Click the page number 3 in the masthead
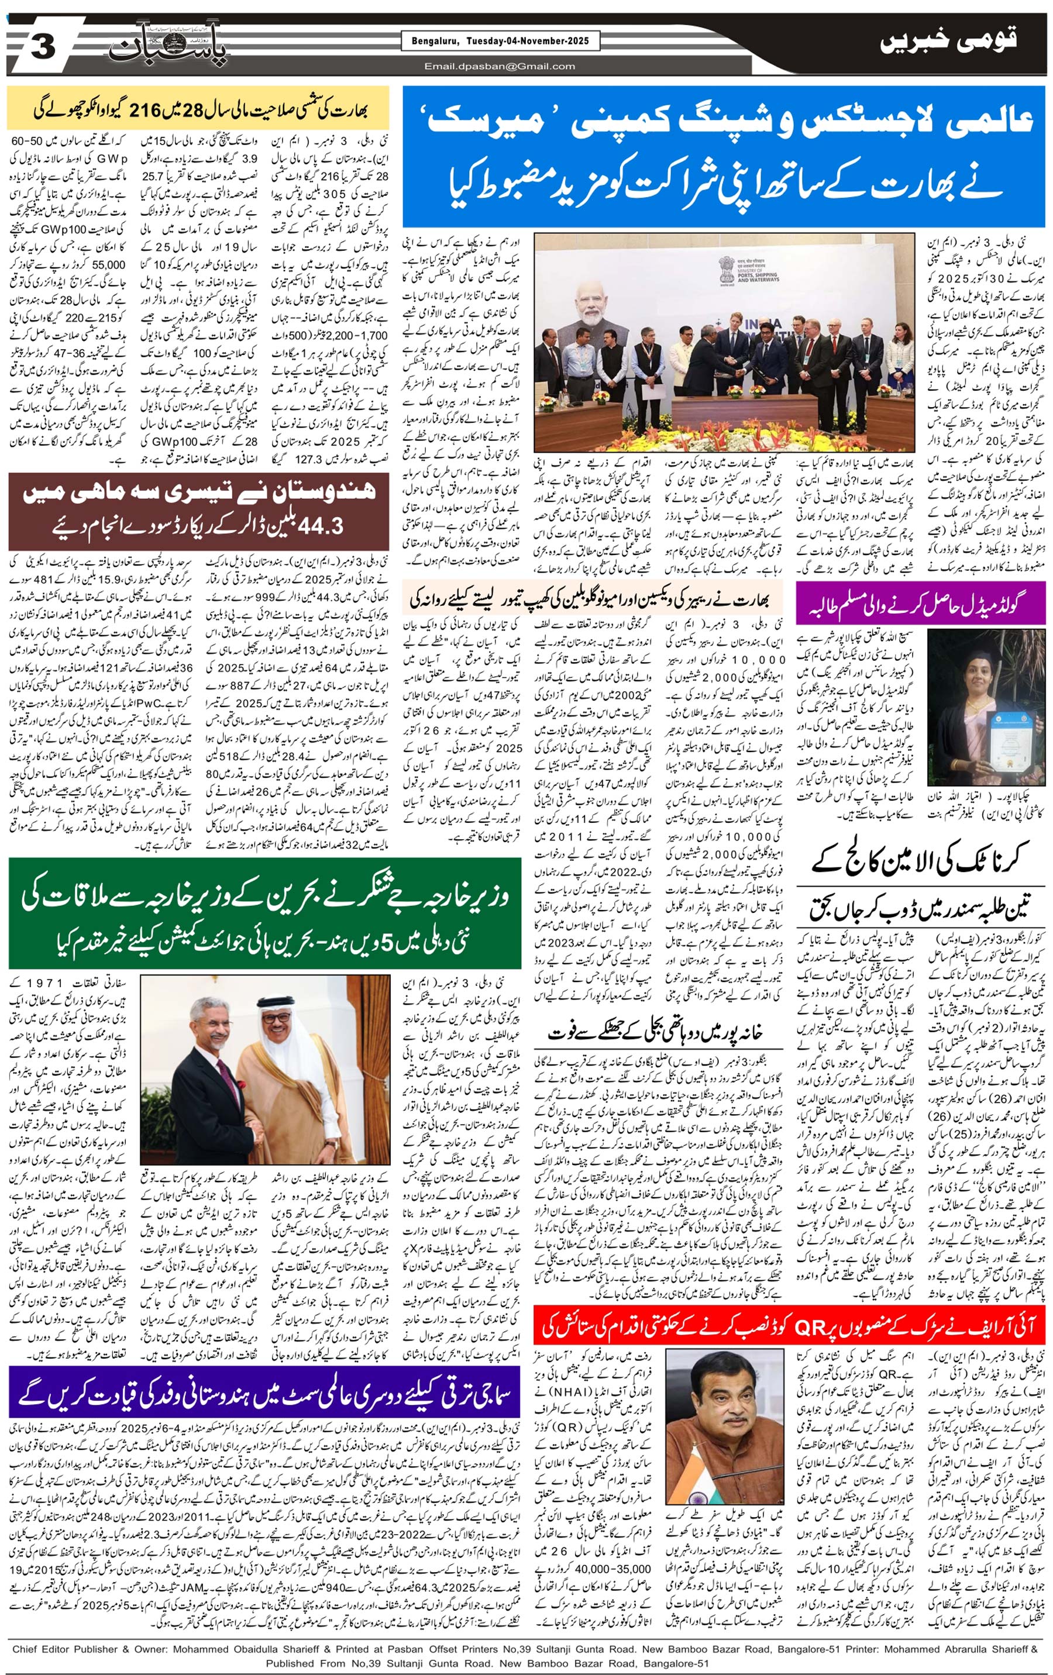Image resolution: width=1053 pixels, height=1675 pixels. coord(43,49)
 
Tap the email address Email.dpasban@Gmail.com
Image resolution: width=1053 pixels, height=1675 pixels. coord(500,67)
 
